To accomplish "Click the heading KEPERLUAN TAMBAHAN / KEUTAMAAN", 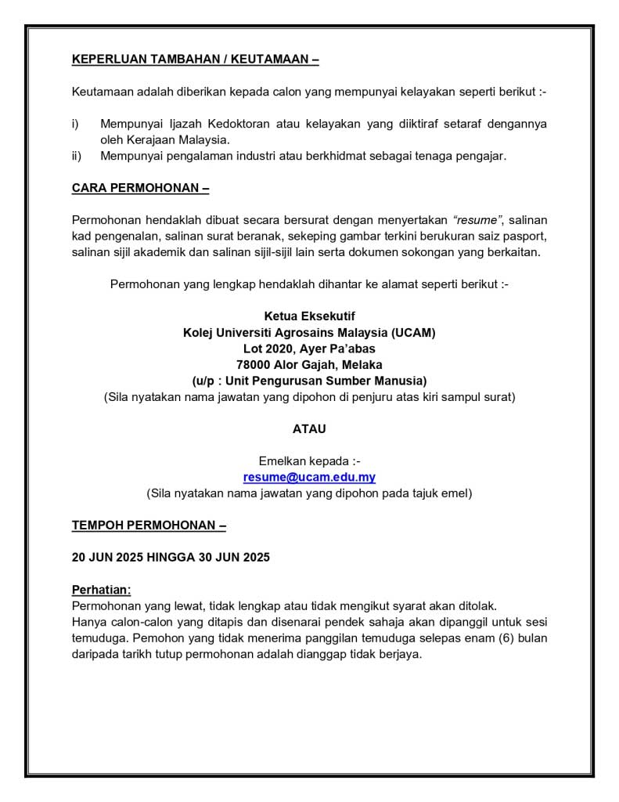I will pyautogui.click(x=195, y=59).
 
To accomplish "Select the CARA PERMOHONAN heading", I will pyautogui.click(x=140, y=188).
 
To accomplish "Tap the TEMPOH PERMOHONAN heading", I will pyautogui.click(x=149, y=525).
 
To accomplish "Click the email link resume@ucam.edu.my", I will pyautogui.click(x=309, y=477).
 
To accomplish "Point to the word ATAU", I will pyautogui.click(x=309, y=429).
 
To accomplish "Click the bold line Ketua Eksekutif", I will pyautogui.click(x=309, y=316).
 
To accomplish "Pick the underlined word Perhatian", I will pyautogui.click(x=102, y=589).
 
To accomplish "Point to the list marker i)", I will pyautogui.click(x=76, y=124).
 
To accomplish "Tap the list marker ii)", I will pyautogui.click(x=77, y=156).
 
